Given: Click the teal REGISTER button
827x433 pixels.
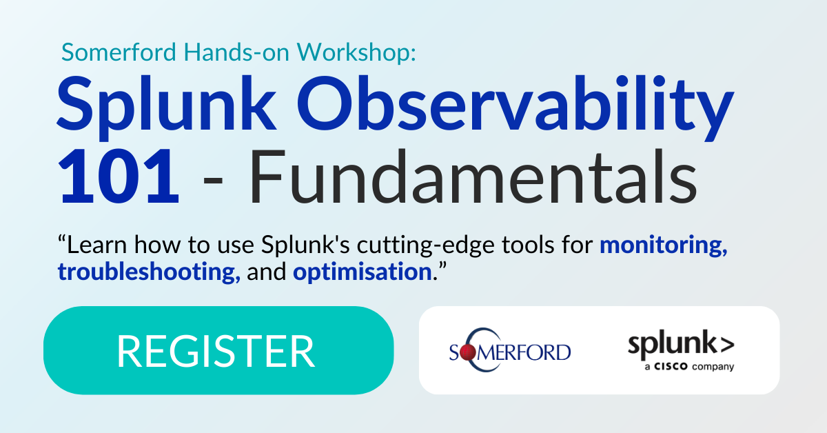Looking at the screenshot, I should [218, 350].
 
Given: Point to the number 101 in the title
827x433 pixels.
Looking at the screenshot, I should [119, 177].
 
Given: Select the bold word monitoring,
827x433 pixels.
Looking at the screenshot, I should [664, 244].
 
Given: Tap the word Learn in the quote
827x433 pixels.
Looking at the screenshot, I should [95, 244].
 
